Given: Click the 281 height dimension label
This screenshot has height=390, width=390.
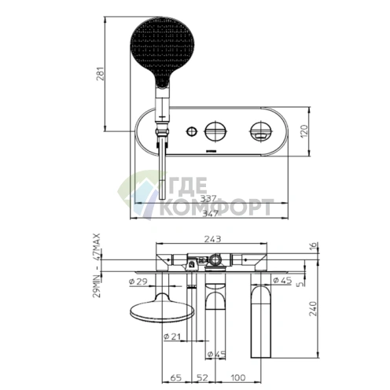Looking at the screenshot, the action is [x=101, y=74].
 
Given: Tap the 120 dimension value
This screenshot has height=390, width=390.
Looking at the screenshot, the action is [x=304, y=131].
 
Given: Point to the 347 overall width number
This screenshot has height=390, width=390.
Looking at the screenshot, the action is [x=211, y=213].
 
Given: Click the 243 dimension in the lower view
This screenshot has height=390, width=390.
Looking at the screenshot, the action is [x=212, y=239].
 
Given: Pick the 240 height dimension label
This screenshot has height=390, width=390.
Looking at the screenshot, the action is [x=313, y=309].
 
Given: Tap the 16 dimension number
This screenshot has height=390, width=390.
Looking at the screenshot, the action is [x=314, y=247].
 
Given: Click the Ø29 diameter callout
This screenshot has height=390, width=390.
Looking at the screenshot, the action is [x=138, y=281].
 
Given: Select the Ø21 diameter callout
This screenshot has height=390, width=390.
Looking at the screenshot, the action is [x=172, y=337].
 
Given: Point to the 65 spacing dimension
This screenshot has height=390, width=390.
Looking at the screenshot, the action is [x=176, y=377].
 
